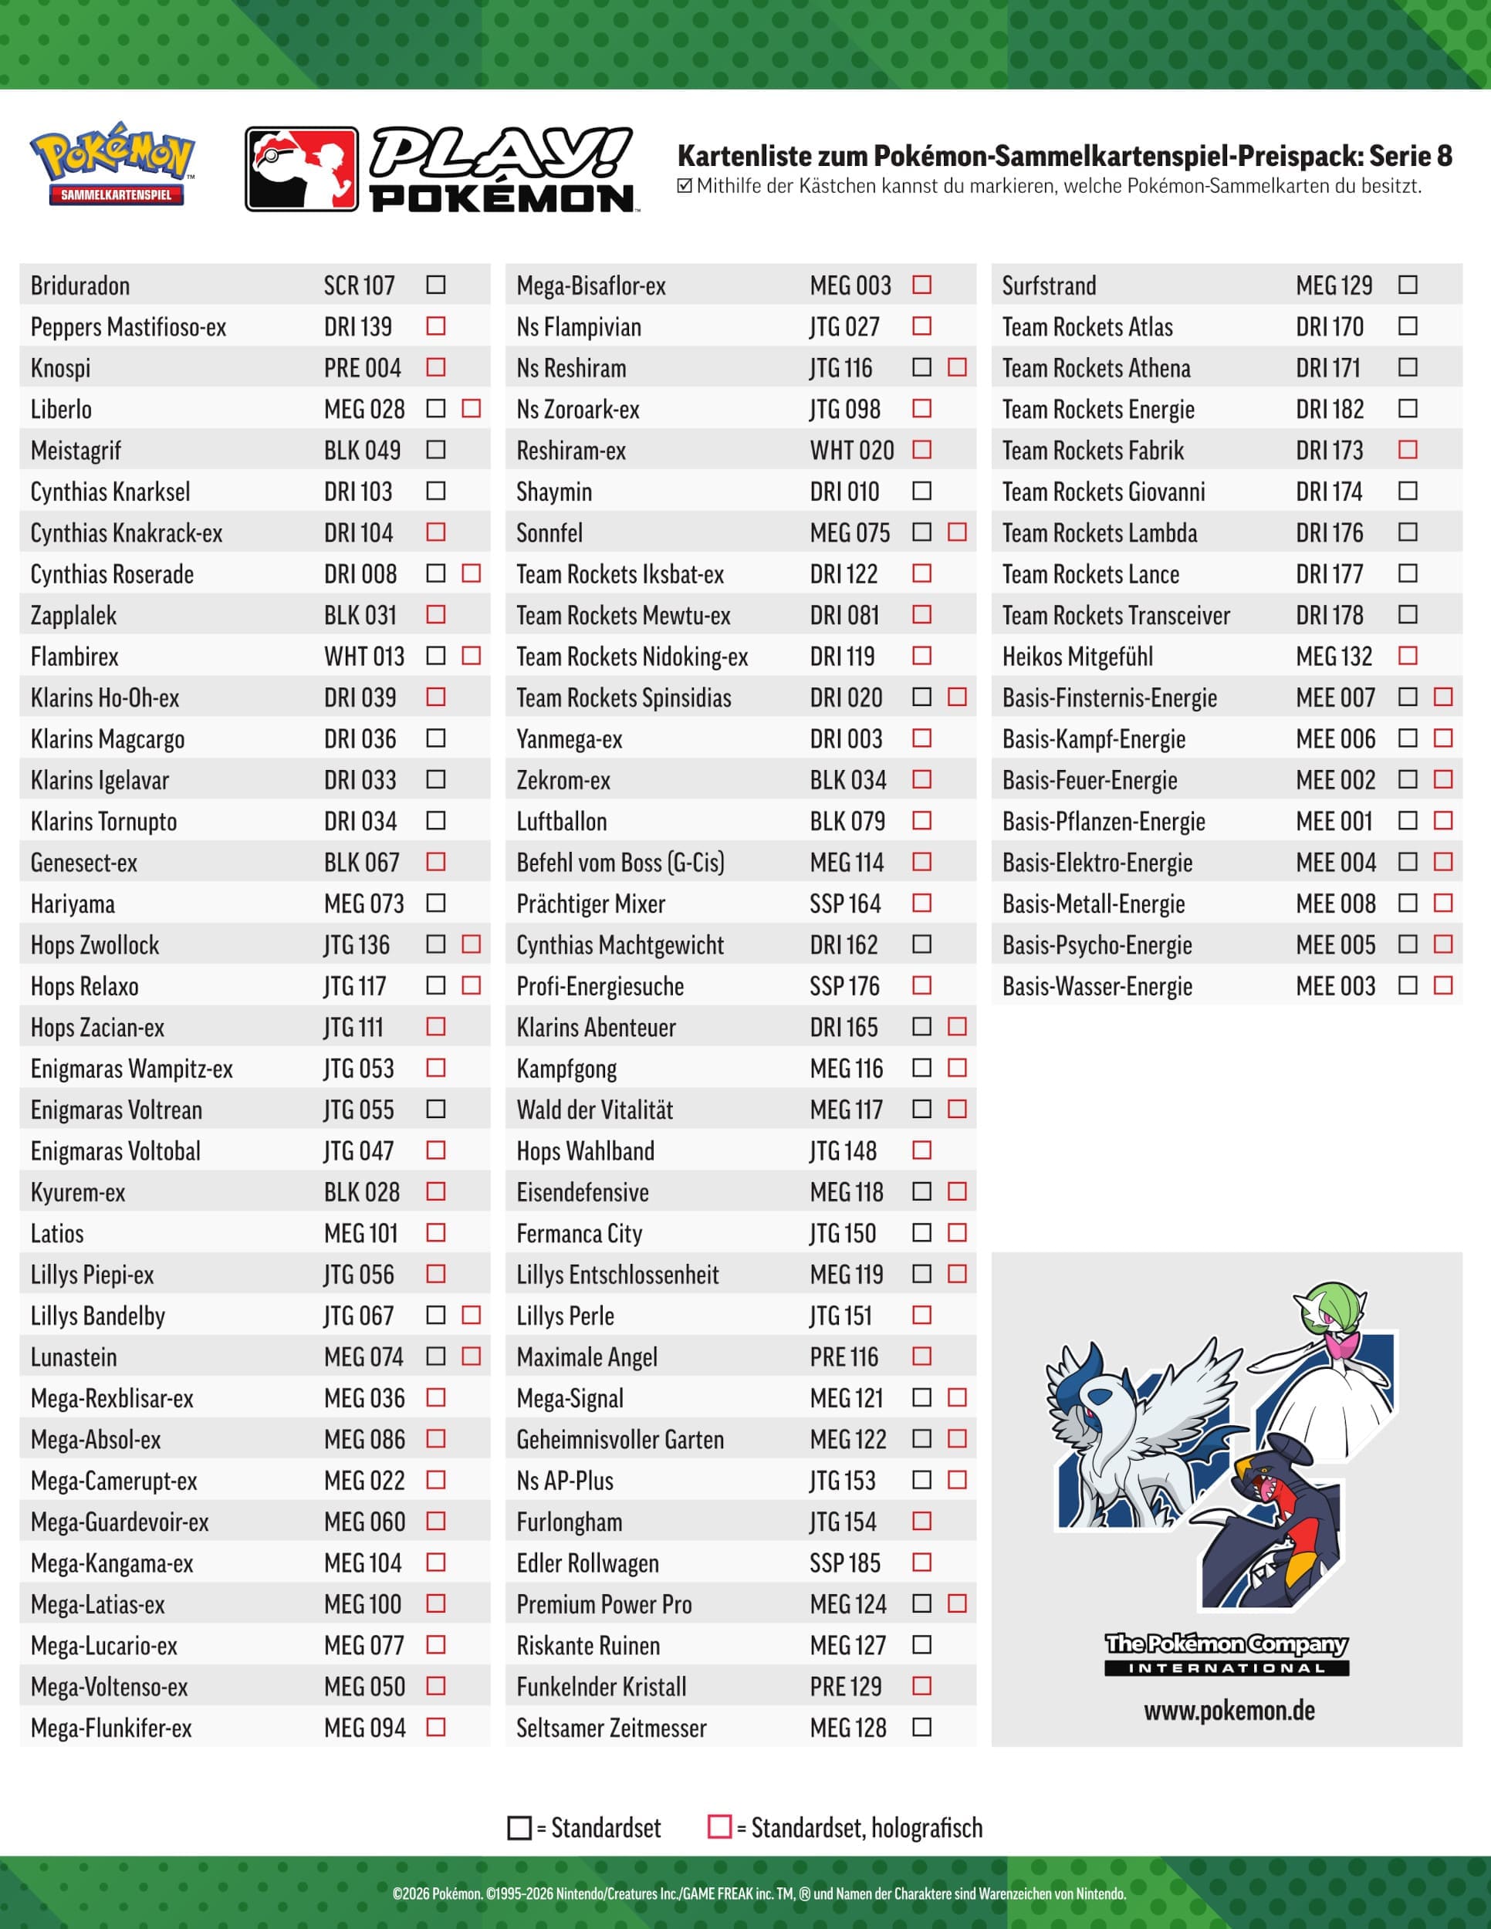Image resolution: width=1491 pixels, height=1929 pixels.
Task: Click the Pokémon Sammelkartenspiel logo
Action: tap(111, 164)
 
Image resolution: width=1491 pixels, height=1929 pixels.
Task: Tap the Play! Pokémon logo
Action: tap(441, 170)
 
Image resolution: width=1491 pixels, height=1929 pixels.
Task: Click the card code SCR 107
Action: tap(359, 286)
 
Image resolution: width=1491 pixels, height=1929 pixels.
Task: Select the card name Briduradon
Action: tap(80, 286)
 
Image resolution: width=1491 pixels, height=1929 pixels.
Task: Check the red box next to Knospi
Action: tap(435, 367)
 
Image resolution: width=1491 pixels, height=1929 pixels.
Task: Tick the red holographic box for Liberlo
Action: tap(471, 408)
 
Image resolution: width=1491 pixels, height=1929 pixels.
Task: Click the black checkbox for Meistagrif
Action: tap(435, 450)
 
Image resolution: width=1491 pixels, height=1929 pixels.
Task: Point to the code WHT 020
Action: tap(851, 451)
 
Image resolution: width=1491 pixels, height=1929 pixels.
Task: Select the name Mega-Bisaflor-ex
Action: tap(591, 286)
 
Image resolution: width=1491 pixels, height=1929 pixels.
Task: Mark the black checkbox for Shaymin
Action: tap(921, 491)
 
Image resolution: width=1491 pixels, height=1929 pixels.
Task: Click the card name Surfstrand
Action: tap(1049, 286)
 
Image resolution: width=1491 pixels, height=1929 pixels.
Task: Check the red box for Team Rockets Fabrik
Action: tap(1407, 450)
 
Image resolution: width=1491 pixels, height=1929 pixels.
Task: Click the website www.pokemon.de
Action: tap(1229, 1711)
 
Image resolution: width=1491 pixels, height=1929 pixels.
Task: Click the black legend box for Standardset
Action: tap(519, 1827)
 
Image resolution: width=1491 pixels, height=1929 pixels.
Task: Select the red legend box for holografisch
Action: tap(720, 1826)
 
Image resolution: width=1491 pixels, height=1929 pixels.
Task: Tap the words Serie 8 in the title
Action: tap(1410, 157)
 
